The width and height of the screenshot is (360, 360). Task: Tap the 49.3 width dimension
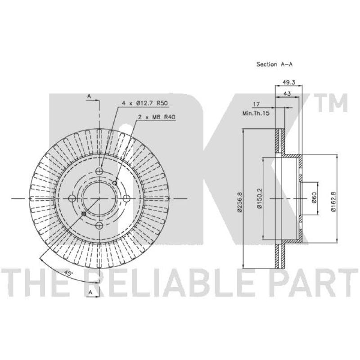pyautogui.click(x=288, y=82)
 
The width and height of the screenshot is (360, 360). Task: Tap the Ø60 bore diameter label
pyautogui.click(x=314, y=198)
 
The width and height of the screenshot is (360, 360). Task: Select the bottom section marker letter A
pyautogui.click(x=90, y=293)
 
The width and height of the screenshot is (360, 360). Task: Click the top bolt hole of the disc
pyautogui.click(x=100, y=171)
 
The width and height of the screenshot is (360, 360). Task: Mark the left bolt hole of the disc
pyautogui.click(x=72, y=198)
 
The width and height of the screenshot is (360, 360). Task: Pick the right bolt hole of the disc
pyautogui.click(x=126, y=198)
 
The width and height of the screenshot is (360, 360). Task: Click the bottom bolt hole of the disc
pyautogui.click(x=100, y=225)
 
